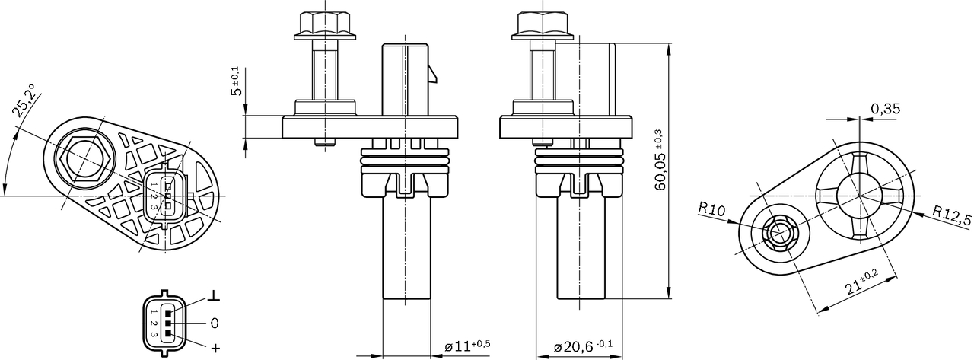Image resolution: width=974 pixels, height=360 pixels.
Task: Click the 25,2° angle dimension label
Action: (27, 102)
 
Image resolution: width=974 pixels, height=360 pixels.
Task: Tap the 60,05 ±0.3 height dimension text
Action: (660, 159)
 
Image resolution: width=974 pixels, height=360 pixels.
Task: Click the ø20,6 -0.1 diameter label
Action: (584, 346)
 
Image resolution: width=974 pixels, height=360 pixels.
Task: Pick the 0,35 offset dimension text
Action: (886, 109)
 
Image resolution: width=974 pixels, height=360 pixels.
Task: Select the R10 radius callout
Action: (712, 209)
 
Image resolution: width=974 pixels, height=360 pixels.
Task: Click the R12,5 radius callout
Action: (952, 216)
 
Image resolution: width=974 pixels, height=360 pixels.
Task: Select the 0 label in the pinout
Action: (215, 323)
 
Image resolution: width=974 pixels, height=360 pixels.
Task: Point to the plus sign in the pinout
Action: (215, 349)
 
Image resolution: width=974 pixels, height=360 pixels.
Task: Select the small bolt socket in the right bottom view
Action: (778, 234)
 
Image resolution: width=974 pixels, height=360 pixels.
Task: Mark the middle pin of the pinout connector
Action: (168, 323)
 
